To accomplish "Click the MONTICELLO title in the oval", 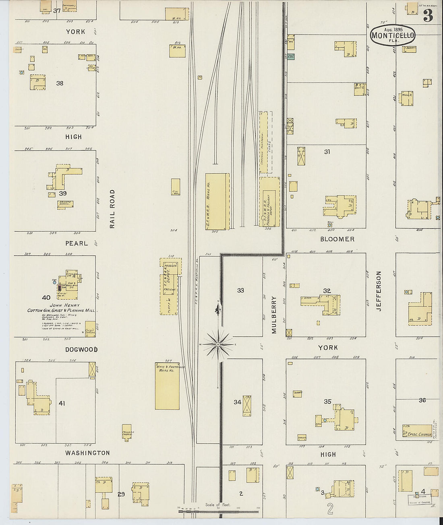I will (x=392, y=35).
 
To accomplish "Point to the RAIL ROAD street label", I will (x=112, y=209).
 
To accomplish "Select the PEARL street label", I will (x=77, y=243).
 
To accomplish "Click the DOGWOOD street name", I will (x=81, y=350).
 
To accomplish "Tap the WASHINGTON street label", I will (x=87, y=453).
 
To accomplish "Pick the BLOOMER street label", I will (x=337, y=239).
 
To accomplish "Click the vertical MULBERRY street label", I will (x=274, y=315).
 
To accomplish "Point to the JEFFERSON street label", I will (x=378, y=290).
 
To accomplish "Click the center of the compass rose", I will (x=218, y=344).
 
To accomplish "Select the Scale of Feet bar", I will (x=218, y=511).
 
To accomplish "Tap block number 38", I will (x=60, y=83).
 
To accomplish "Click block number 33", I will (x=240, y=290).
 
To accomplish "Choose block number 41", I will (x=61, y=403).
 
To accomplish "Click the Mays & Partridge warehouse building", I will (x=167, y=386).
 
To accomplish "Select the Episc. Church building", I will (x=417, y=430).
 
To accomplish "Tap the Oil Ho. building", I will (x=176, y=187).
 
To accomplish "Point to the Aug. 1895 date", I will (x=393, y=29).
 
